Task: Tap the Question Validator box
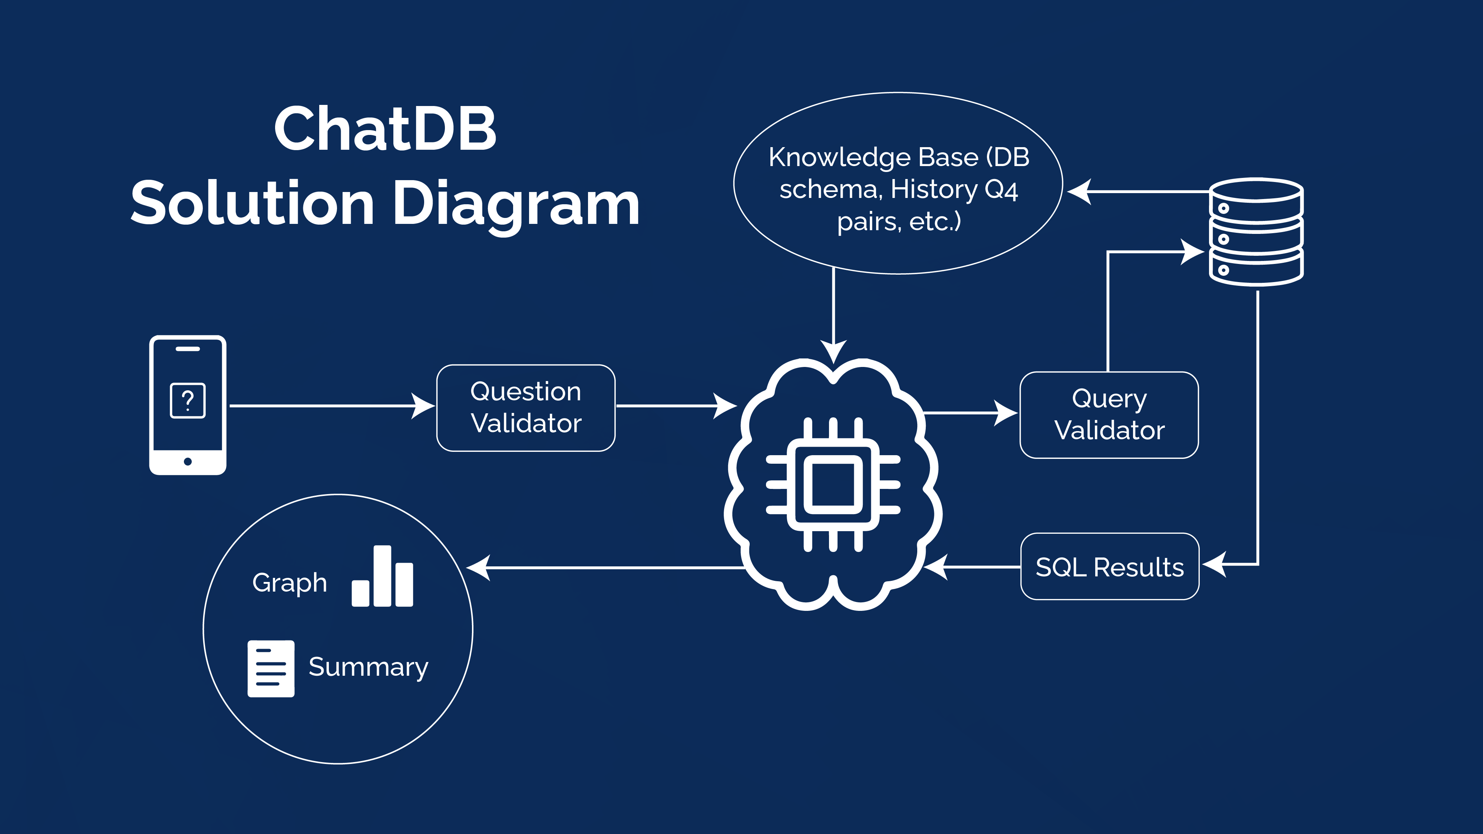click(x=526, y=407)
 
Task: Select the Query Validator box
click(x=1109, y=414)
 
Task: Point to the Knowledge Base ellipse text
click(x=898, y=189)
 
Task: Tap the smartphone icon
click(x=188, y=405)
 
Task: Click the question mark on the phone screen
click(x=188, y=400)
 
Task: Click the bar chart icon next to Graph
click(x=382, y=577)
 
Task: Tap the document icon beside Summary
click(x=271, y=668)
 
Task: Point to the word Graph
click(x=290, y=582)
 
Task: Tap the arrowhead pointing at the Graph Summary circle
click(x=478, y=567)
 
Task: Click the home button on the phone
click(x=188, y=461)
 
